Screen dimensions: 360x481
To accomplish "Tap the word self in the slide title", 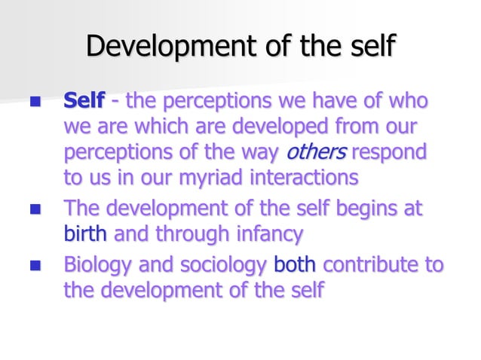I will [372, 46].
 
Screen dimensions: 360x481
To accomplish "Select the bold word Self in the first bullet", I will [84, 100].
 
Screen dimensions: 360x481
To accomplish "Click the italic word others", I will [316, 152].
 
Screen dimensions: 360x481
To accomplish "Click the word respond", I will [389, 152].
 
